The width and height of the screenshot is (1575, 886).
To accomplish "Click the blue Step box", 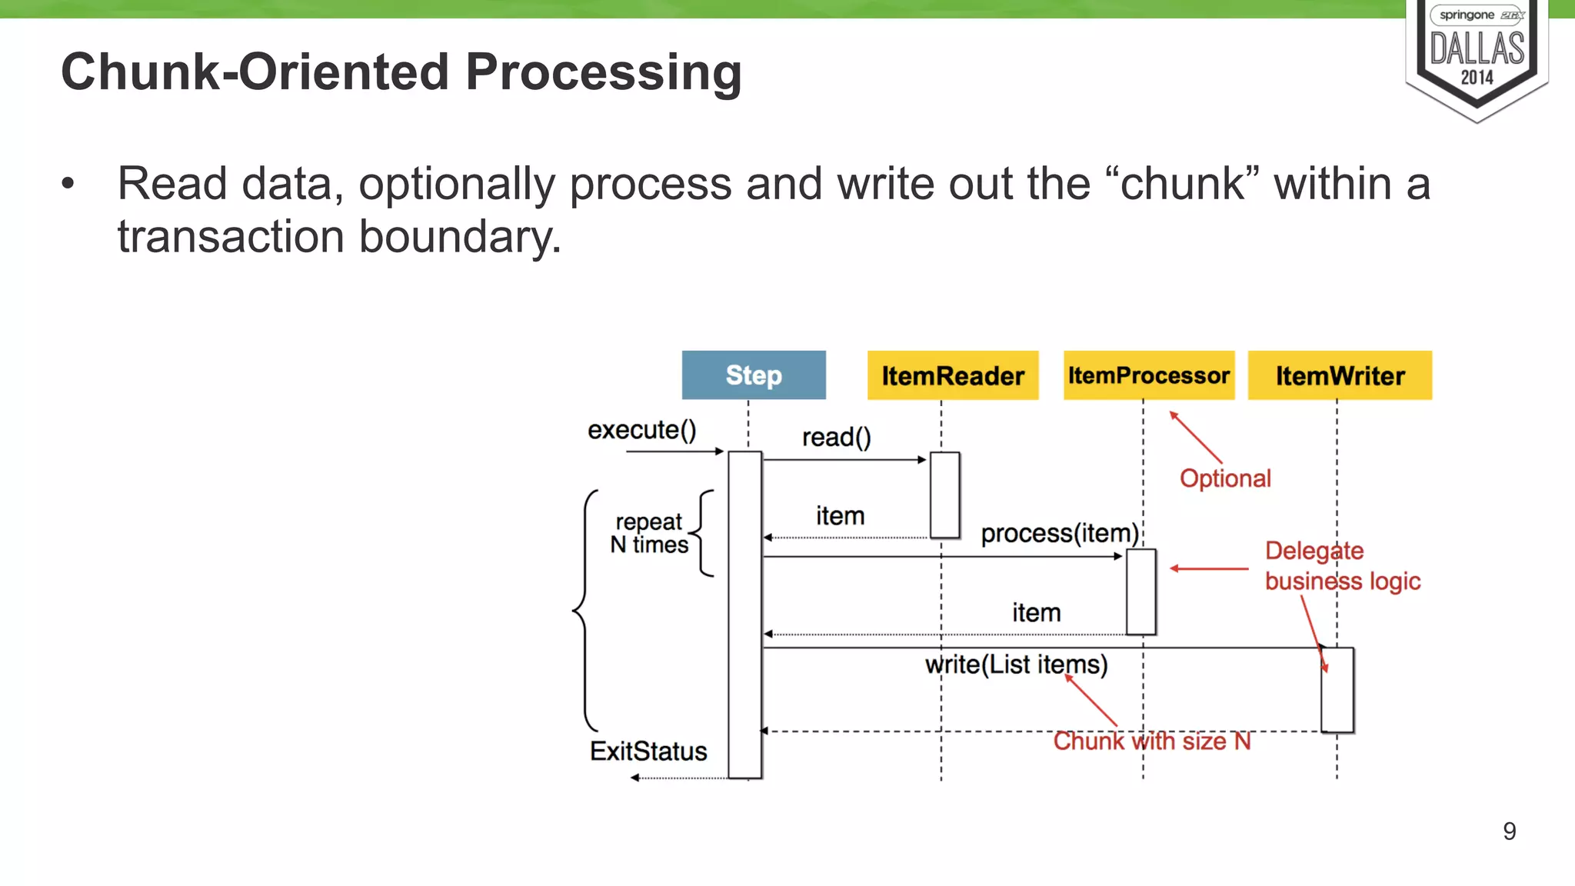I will pos(754,375).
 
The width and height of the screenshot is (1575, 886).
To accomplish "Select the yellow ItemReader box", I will pos(953,375).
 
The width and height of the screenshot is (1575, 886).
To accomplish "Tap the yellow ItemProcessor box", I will pos(1149,375).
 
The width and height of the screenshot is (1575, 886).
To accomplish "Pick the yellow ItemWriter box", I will pos(1340,375).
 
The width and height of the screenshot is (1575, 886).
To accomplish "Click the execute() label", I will pos(641,430).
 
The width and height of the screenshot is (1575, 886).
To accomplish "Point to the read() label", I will pos(837,438).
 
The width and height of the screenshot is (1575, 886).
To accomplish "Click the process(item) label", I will pos(1060,533).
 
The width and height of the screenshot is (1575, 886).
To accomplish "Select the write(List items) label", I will pos(1016,664).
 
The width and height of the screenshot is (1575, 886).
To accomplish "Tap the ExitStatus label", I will pos(648,751).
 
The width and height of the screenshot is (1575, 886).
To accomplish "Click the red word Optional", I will pos(1225,478).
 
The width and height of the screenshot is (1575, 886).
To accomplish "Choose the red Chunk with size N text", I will pos(1151,741).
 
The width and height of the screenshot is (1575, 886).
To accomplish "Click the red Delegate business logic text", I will pos(1342,566).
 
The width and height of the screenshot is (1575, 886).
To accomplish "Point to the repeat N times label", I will pos(649,533).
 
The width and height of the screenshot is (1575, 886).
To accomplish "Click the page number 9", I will pos(1509,831).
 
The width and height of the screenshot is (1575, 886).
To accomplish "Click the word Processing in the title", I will pos(604,72).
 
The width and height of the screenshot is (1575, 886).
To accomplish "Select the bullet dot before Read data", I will pos(68,185).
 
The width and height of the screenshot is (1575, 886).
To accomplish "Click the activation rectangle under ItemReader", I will pos(944,495).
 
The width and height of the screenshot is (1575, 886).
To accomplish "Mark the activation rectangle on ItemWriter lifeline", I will pos(1337,690).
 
